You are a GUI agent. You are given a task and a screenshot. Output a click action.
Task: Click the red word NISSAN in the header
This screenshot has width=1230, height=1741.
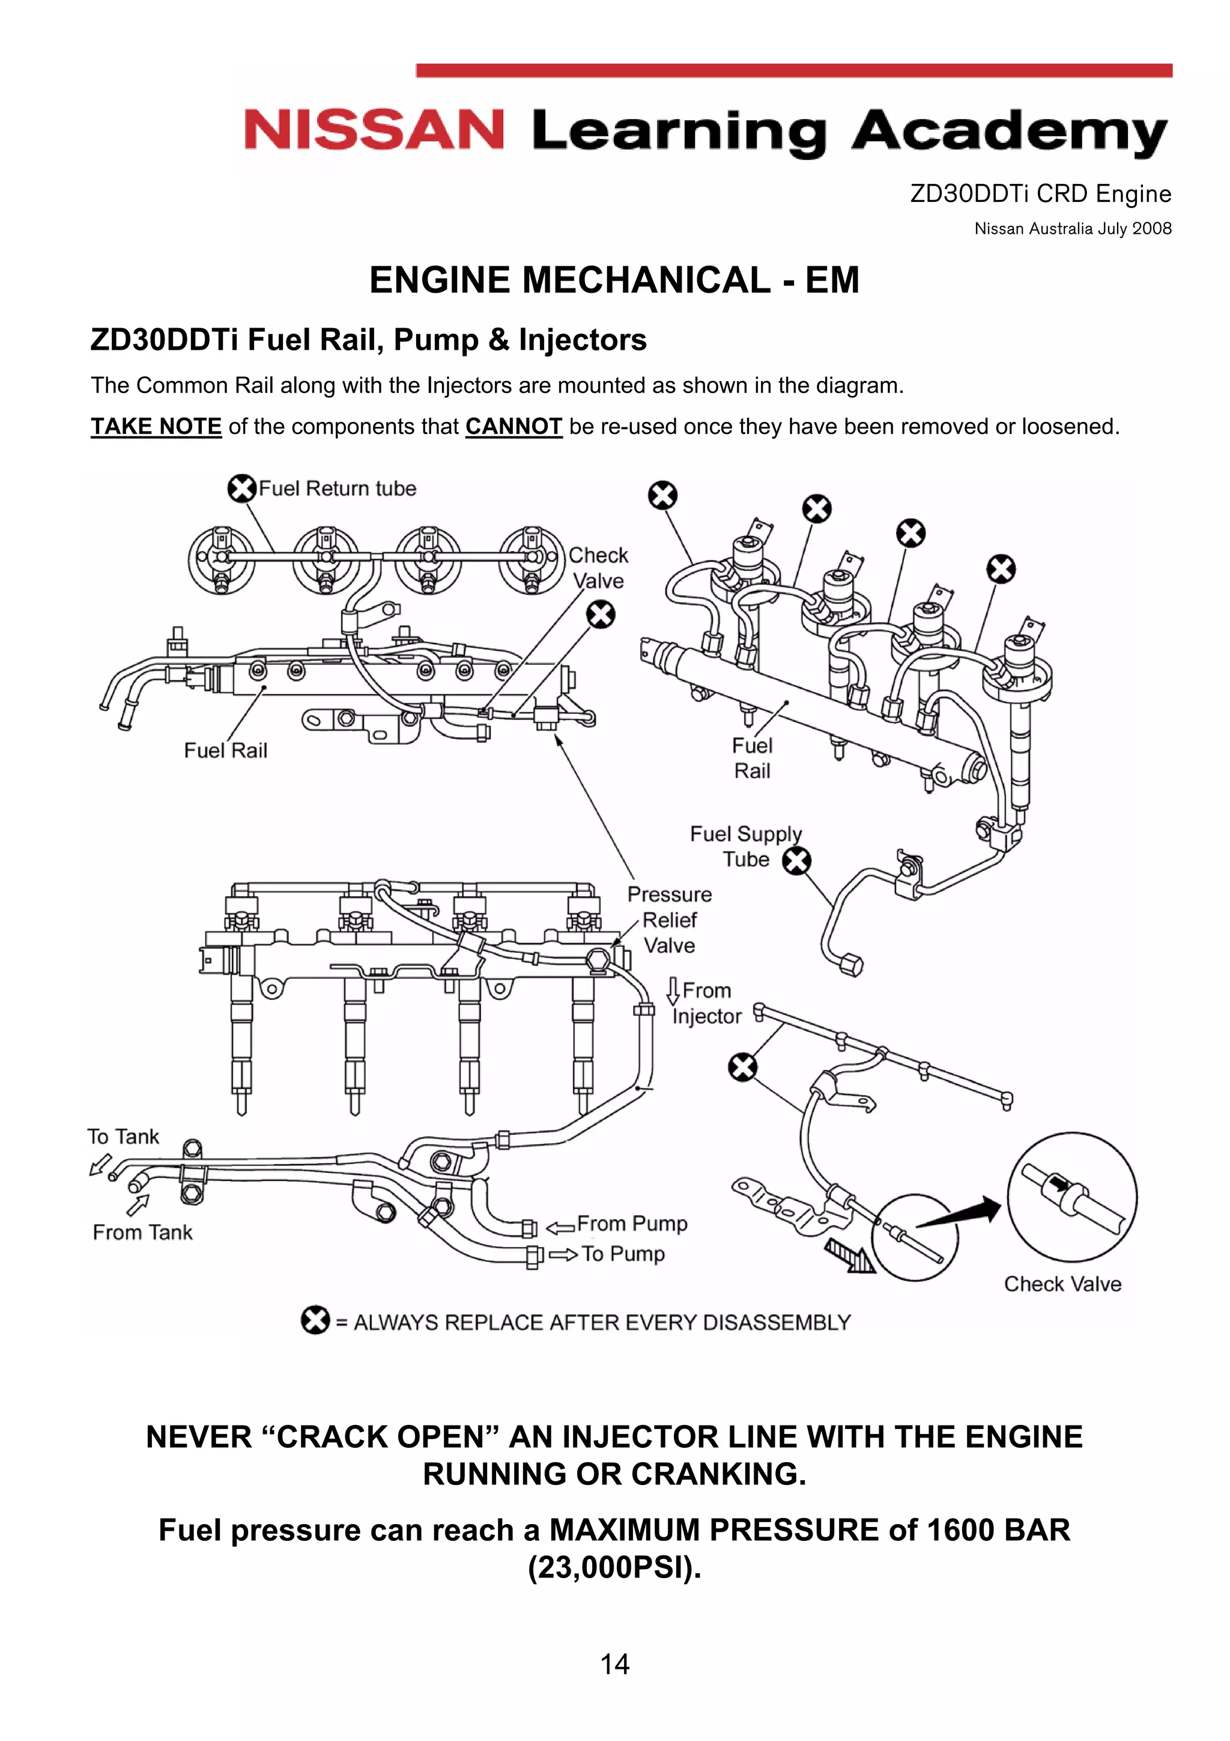coord(374,130)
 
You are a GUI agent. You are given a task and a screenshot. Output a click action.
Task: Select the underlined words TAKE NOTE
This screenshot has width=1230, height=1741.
coord(156,427)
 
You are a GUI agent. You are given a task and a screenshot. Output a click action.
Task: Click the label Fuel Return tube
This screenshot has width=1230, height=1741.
coord(338,489)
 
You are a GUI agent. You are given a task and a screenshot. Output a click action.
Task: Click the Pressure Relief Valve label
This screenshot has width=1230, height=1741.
coord(669,920)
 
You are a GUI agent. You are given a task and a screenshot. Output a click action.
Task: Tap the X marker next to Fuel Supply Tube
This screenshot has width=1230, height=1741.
coord(796,861)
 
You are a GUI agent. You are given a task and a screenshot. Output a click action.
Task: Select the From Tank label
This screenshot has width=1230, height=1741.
coord(142,1232)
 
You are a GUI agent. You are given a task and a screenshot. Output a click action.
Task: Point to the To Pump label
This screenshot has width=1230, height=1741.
coord(623,1254)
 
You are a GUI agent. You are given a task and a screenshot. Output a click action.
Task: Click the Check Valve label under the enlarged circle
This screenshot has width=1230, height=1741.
coord(1062,1284)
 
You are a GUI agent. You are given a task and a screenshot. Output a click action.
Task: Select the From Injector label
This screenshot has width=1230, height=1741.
coord(705,1003)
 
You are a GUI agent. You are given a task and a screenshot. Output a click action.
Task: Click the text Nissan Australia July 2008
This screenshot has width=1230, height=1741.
coord(1073,228)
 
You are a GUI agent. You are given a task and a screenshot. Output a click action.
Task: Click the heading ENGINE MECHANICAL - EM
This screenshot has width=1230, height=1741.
coord(614,280)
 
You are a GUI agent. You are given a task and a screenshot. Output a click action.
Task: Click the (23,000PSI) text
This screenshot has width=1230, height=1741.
coord(614,1567)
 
